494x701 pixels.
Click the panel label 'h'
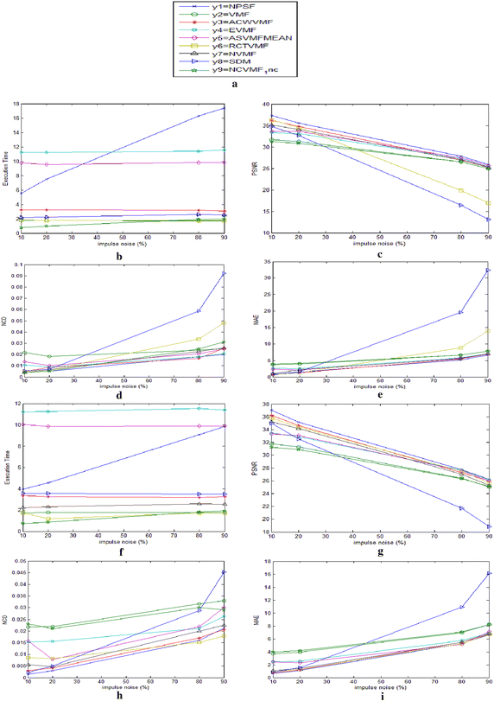124,692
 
